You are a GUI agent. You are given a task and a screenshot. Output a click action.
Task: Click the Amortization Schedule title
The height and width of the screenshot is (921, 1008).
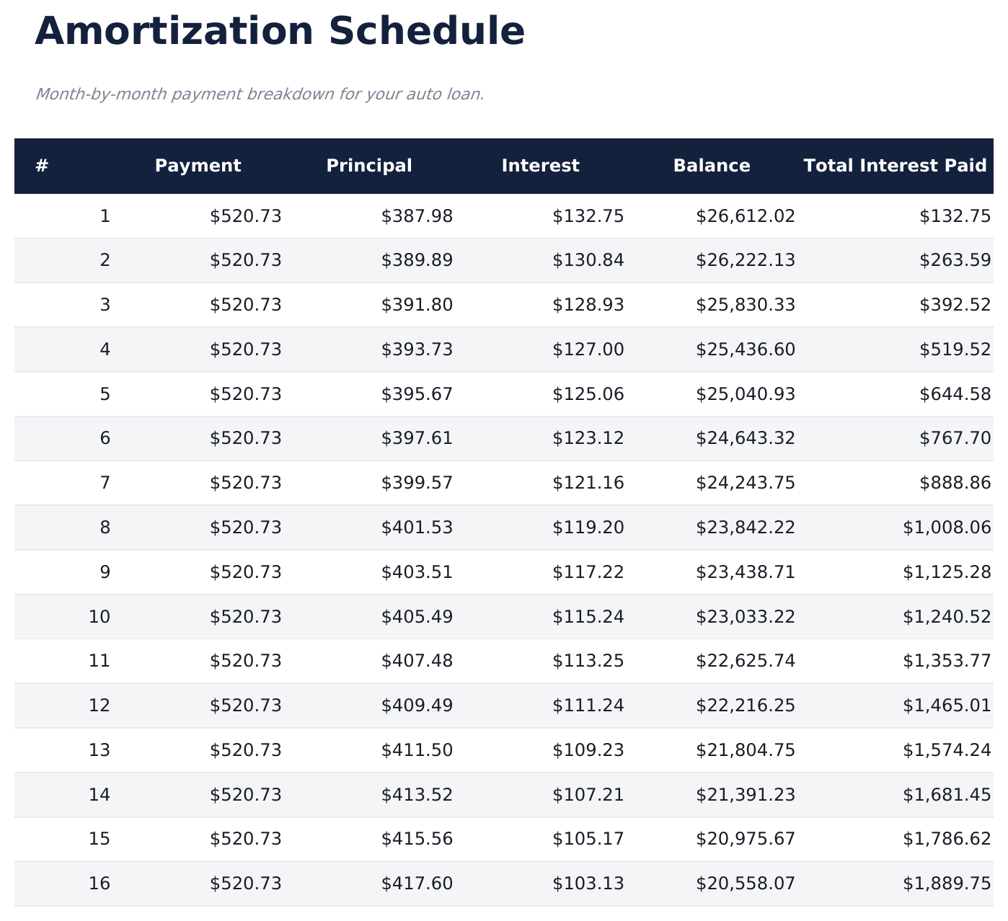280,32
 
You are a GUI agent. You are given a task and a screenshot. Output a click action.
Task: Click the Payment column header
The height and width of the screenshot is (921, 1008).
198,166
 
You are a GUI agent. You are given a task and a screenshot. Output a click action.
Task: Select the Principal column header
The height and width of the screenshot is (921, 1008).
369,166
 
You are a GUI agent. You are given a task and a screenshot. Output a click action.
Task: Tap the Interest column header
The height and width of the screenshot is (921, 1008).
540,166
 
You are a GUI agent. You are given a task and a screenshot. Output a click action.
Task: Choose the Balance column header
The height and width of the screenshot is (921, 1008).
712,166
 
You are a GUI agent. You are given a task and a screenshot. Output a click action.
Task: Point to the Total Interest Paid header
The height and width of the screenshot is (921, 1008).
895,166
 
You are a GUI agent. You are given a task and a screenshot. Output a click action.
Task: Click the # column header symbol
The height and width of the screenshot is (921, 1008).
42,166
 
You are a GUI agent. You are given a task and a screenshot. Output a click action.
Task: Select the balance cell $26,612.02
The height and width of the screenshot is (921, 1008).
745,216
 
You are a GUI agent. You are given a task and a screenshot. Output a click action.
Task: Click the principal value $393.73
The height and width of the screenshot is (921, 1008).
417,350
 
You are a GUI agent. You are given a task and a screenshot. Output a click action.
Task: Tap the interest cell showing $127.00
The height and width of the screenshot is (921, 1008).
588,350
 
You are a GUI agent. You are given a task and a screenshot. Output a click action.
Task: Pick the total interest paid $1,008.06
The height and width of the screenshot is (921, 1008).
947,528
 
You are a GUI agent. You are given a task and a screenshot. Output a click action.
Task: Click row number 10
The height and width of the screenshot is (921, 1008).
100,617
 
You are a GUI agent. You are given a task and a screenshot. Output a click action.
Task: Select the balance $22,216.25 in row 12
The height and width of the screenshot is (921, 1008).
745,706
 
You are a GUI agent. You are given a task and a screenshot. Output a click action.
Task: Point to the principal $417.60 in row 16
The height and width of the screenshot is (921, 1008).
417,884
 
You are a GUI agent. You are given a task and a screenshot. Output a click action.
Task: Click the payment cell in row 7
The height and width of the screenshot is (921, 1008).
245,483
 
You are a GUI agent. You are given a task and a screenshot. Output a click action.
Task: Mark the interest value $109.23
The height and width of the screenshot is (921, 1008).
588,750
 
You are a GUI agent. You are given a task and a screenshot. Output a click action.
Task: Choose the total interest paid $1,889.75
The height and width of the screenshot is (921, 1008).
947,884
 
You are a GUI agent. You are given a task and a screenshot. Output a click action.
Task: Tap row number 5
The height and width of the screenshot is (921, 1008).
105,394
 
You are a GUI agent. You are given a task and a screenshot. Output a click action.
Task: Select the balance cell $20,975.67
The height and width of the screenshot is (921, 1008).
745,839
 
